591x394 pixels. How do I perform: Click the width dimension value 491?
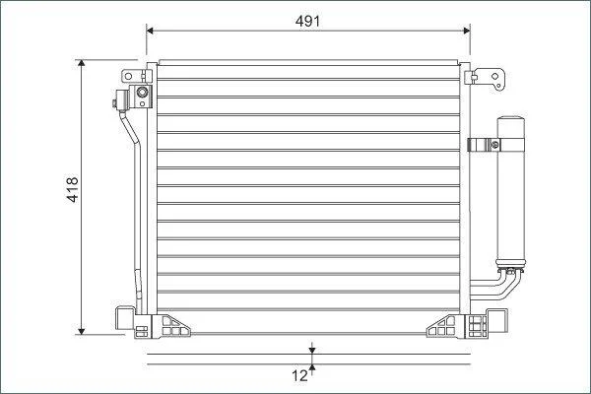point(307,21)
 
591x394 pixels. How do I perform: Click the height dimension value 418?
point(72,189)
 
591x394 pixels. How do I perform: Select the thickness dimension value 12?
point(299,375)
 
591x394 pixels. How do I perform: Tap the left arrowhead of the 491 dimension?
point(150,31)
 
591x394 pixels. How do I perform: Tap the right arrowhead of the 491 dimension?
point(467,31)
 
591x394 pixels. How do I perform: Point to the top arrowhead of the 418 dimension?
point(82,63)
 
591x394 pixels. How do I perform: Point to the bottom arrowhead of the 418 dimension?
point(82,331)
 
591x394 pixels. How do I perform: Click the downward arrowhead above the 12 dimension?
point(311,351)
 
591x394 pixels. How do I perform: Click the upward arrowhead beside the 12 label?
point(311,368)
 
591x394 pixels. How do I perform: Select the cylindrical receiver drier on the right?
point(510,192)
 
